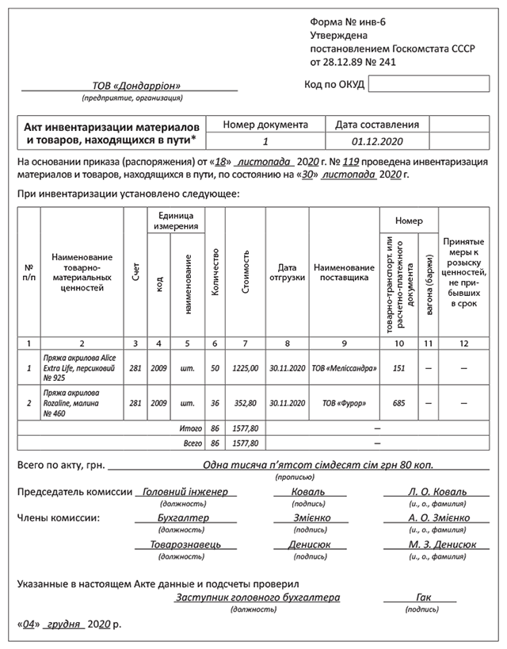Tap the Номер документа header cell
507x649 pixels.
coord(265,125)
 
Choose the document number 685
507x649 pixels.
coord(398,403)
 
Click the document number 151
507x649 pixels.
coord(398,368)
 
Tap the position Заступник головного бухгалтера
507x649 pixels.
coord(257,597)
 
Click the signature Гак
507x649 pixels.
coord(423,597)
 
